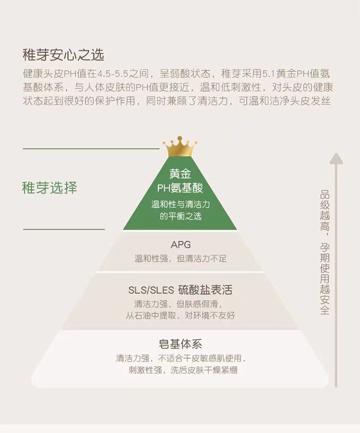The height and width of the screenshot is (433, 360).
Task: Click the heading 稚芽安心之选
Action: [63, 55]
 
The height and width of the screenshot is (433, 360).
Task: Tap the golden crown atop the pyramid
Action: [180, 147]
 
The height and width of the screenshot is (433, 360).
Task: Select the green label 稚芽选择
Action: [49, 187]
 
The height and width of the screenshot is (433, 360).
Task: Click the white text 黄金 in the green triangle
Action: [180, 174]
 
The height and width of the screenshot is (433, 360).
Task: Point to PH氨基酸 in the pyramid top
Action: [180, 188]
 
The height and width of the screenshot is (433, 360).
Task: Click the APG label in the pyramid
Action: [180, 245]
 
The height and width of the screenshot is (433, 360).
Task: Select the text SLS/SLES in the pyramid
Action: [150, 290]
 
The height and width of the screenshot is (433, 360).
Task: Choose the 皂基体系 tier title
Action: [180, 344]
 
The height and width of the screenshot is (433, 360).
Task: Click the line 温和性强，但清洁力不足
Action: [180, 258]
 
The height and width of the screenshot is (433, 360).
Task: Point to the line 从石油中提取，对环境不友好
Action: [180, 316]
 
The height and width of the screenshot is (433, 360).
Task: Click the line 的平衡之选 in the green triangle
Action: [180, 216]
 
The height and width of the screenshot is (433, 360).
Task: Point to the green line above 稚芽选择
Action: [91, 149]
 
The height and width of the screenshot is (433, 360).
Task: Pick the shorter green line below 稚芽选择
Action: [64, 229]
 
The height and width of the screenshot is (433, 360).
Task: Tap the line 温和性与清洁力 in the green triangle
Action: [180, 204]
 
